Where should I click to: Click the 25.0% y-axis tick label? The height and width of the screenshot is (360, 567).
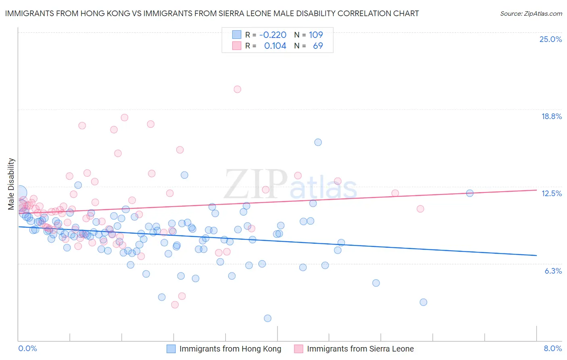click(x=550, y=39)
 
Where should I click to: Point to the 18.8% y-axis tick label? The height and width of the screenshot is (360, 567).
click(x=551, y=116)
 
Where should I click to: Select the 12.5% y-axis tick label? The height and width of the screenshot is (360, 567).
click(x=551, y=193)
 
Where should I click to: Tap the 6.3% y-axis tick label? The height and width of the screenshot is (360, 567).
click(x=553, y=271)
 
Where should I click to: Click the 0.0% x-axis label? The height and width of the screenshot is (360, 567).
click(x=28, y=348)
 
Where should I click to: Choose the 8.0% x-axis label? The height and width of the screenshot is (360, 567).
click(x=552, y=348)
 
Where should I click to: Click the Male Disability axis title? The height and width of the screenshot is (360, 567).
click(x=11, y=184)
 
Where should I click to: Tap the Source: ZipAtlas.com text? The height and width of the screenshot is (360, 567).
click(x=531, y=13)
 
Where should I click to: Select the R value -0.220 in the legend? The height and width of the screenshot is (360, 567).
click(x=273, y=35)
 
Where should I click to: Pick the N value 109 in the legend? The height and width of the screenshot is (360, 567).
click(x=316, y=35)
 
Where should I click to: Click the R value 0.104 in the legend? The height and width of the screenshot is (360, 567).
click(x=275, y=46)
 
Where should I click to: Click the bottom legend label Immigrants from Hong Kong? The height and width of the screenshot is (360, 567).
click(x=230, y=349)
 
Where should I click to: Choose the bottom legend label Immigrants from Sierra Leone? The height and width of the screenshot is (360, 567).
click(x=360, y=349)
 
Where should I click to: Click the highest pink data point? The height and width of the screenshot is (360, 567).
click(x=237, y=89)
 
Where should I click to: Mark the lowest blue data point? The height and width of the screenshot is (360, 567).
click(x=267, y=318)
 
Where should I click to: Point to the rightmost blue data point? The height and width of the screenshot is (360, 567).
click(x=469, y=193)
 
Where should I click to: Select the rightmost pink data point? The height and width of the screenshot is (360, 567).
click(x=420, y=209)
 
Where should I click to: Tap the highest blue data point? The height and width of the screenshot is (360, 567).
click(x=318, y=142)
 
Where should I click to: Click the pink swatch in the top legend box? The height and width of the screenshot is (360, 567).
click(x=236, y=46)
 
